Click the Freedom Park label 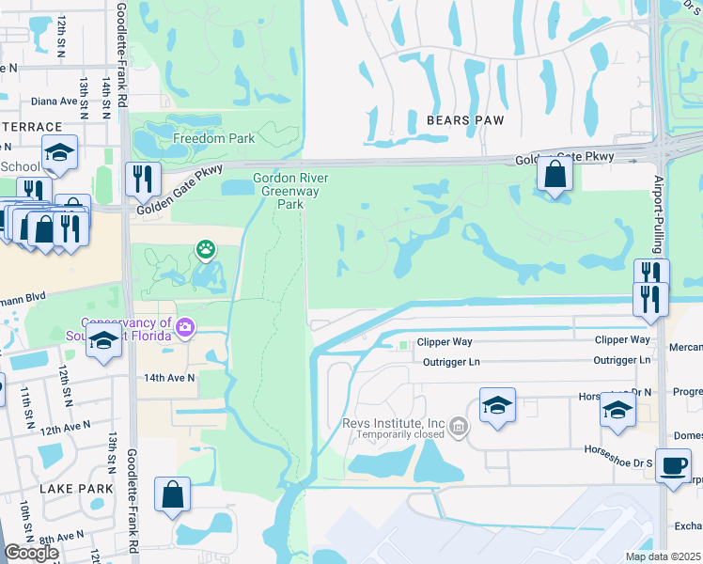pyautogui.click(x=213, y=139)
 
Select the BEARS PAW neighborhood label pyautogui.click(x=465, y=120)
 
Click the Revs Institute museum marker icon pyautogui.click(x=459, y=428)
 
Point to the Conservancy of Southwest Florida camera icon pyautogui.click(x=186, y=327)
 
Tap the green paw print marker pyautogui.click(x=205, y=249)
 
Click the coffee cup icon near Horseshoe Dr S pyautogui.click(x=673, y=466)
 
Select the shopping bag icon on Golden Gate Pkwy pyautogui.click(x=555, y=173)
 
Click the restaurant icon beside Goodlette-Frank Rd pyautogui.click(x=143, y=178)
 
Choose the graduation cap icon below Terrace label pyautogui.click(x=59, y=153)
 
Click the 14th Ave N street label pyautogui.click(x=169, y=378)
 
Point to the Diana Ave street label pyautogui.click(x=54, y=102)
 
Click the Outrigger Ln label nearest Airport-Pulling pyautogui.click(x=622, y=360)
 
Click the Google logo pyautogui.click(x=30, y=553)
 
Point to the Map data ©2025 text pyautogui.click(x=662, y=556)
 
